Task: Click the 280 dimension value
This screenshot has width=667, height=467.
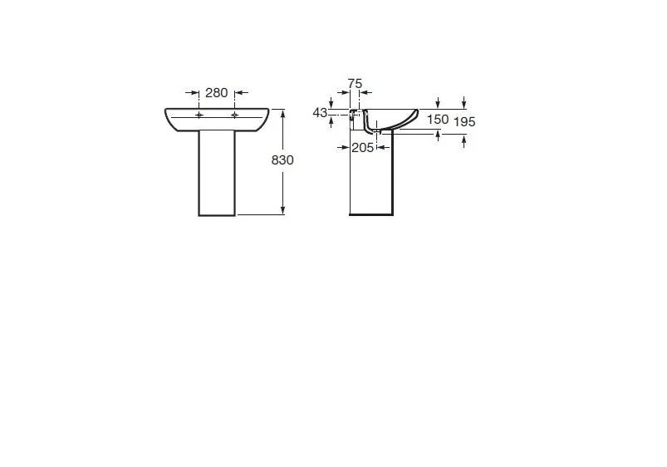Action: coord(217,93)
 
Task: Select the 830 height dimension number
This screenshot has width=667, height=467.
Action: coord(282,160)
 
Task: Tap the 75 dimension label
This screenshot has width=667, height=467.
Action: coord(355,83)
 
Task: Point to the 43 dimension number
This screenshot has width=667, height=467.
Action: coord(320,112)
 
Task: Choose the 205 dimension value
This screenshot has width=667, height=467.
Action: coord(362,148)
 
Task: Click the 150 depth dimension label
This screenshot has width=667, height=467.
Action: coord(438,119)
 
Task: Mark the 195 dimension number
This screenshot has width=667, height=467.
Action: coord(464,122)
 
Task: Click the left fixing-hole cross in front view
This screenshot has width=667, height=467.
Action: coord(199,115)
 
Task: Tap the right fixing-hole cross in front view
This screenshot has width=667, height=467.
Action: coord(235,115)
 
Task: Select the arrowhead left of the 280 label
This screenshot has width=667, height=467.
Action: coord(195,92)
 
